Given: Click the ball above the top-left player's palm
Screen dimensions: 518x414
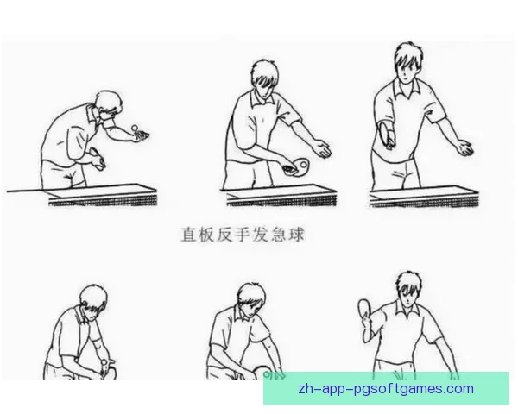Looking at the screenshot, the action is (135, 128).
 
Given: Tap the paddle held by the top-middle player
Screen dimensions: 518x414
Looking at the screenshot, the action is (300, 166).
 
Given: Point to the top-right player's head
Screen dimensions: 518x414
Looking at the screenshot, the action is (408, 63).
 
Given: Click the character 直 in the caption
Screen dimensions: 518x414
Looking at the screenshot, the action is (189, 235).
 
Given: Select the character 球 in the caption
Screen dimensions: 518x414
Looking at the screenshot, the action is (296, 235).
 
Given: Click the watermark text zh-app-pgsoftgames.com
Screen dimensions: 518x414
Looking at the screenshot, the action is (386, 389).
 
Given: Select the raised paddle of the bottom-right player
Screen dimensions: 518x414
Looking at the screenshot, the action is (364, 310).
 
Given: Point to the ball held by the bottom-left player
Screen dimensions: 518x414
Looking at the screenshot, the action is (105, 362).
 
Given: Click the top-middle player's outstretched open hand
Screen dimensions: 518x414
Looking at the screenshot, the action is (321, 148).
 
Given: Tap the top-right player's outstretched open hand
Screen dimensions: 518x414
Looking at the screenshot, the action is (464, 148).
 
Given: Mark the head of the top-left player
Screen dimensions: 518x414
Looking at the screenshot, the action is (109, 104).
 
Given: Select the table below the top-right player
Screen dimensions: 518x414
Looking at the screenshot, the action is (424, 197).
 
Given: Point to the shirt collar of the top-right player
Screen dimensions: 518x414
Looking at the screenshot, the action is (407, 87).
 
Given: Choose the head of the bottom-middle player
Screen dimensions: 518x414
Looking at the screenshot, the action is (251, 299).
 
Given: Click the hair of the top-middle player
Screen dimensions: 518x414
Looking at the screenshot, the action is (264, 72).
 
